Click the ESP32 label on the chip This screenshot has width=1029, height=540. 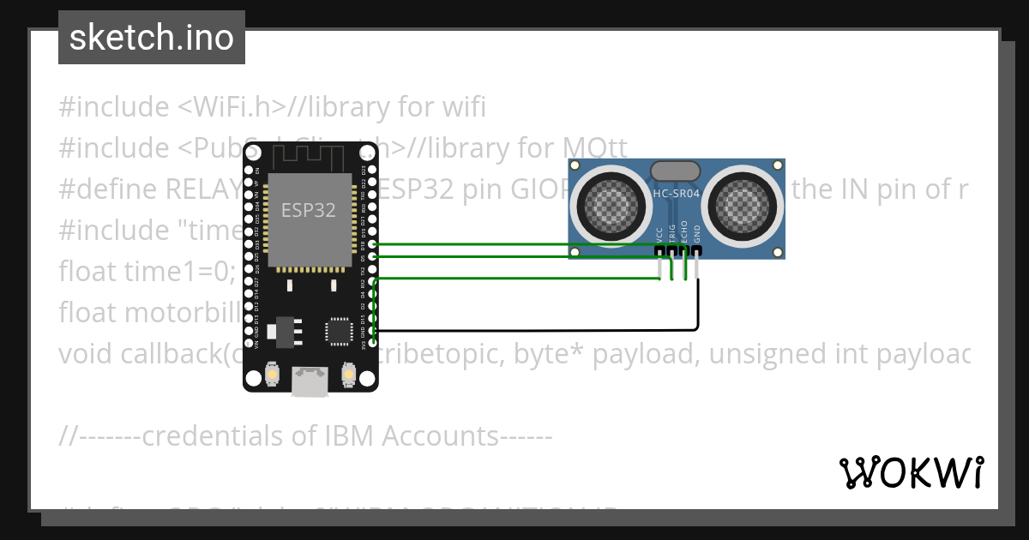click(309, 208)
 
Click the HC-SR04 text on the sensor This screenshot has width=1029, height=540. click(677, 194)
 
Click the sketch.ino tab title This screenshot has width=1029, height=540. click(152, 38)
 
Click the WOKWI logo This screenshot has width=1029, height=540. click(912, 472)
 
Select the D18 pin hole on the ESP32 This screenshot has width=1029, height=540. click(372, 244)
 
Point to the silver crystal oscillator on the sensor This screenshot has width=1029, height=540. click(677, 170)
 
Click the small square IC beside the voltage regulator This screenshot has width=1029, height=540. click(338, 331)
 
